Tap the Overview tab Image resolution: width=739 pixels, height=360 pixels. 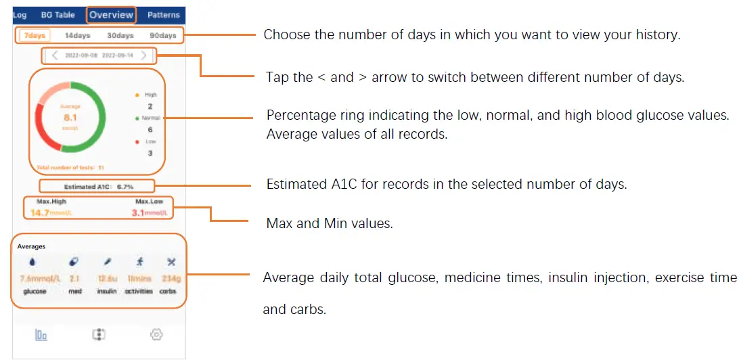[111, 15]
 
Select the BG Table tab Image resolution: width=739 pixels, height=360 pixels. [58, 15]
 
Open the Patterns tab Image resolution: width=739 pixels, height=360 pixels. [164, 15]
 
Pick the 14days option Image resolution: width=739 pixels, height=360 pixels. [77, 35]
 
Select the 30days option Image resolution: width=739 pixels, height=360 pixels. [120, 35]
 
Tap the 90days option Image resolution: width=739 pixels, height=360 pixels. [162, 35]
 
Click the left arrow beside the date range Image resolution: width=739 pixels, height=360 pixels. [55, 55]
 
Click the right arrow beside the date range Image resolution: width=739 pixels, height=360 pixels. [143, 55]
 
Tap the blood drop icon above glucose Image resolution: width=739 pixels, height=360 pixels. [34, 262]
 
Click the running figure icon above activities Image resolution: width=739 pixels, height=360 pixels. [139, 262]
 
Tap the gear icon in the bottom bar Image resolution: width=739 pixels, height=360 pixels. [157, 334]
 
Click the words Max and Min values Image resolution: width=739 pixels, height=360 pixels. [329, 223]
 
